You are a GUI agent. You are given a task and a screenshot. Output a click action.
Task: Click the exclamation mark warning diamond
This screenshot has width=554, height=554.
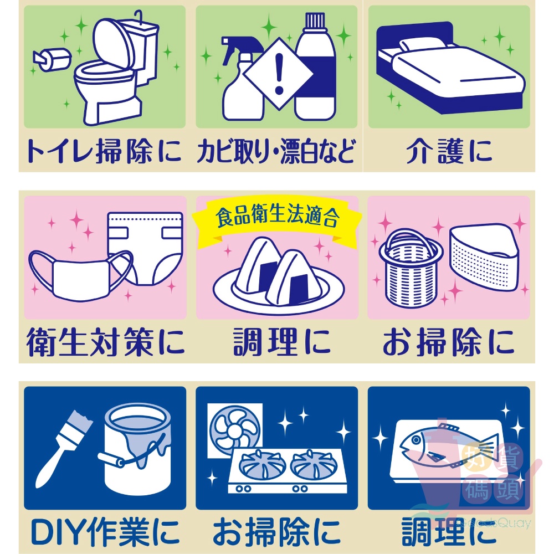click(x=279, y=74)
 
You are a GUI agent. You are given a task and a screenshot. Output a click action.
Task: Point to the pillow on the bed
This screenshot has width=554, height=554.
click(x=422, y=44)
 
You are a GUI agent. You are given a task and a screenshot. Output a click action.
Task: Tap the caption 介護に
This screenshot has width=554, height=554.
click(x=449, y=152)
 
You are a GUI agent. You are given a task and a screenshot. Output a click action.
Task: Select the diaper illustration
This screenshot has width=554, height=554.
click(x=145, y=248)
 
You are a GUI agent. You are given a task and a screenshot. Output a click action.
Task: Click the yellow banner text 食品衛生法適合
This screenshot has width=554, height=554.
click(x=278, y=215)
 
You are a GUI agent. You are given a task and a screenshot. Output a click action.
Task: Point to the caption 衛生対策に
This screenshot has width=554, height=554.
click(x=106, y=342)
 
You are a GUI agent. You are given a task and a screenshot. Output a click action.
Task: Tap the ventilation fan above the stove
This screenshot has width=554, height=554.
click(x=234, y=430)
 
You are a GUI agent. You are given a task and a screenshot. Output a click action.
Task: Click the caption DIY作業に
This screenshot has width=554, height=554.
click(x=105, y=532)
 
